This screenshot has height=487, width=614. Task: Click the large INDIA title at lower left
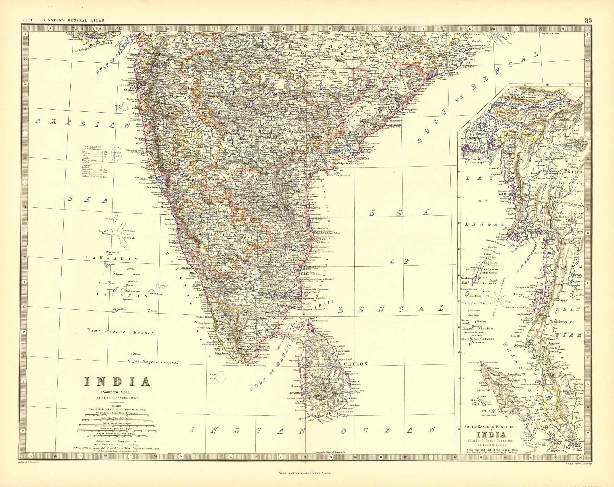117,382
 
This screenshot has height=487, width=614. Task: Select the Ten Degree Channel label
476,303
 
